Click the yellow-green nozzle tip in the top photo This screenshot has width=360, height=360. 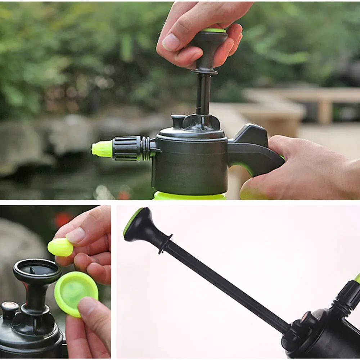[102, 149]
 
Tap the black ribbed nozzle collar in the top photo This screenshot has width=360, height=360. [126, 148]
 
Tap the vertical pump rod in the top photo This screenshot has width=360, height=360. [203, 94]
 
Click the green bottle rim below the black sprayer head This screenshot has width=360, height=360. [189, 196]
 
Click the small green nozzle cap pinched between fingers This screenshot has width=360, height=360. [60, 247]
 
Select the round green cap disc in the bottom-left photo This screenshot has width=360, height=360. [76, 292]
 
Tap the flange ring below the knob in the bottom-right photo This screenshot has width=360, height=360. [166, 243]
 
